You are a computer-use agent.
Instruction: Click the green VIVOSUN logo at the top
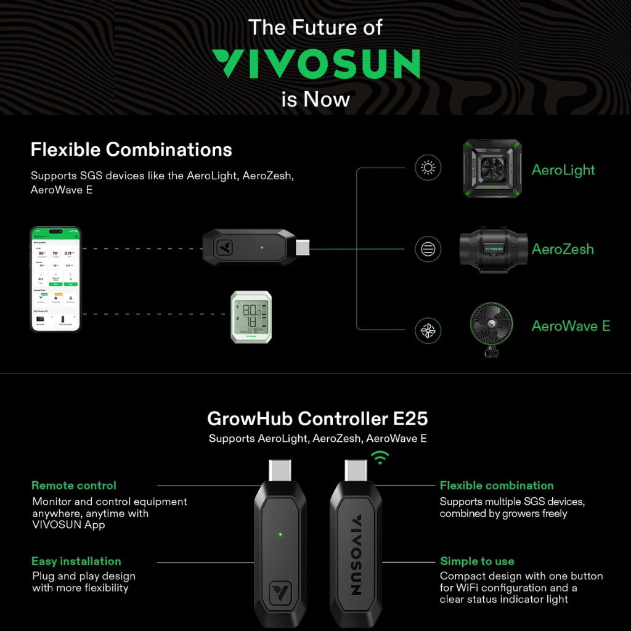[315, 64]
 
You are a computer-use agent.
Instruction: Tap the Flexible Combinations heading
[131, 150]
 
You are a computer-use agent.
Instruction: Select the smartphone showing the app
[55, 279]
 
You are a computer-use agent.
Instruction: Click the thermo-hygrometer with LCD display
[251, 317]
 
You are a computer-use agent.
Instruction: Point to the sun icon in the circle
[428, 168]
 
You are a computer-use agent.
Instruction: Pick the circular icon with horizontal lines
[428, 249]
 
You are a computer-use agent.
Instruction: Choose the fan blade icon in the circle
[428, 330]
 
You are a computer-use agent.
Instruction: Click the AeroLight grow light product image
[491, 169]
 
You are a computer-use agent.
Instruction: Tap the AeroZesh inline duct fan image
[491, 249]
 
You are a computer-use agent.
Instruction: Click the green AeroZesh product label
[563, 250]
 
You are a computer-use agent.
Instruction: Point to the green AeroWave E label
[571, 327]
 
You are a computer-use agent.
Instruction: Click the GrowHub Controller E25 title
[317, 419]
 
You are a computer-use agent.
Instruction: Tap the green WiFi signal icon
[380, 457]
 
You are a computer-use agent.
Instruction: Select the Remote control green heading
[74, 486]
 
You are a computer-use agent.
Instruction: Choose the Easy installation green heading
[76, 561]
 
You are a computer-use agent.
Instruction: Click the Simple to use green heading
[477, 561]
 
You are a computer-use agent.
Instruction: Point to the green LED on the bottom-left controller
[280, 534]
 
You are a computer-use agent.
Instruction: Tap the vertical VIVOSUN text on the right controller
[356, 556]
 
